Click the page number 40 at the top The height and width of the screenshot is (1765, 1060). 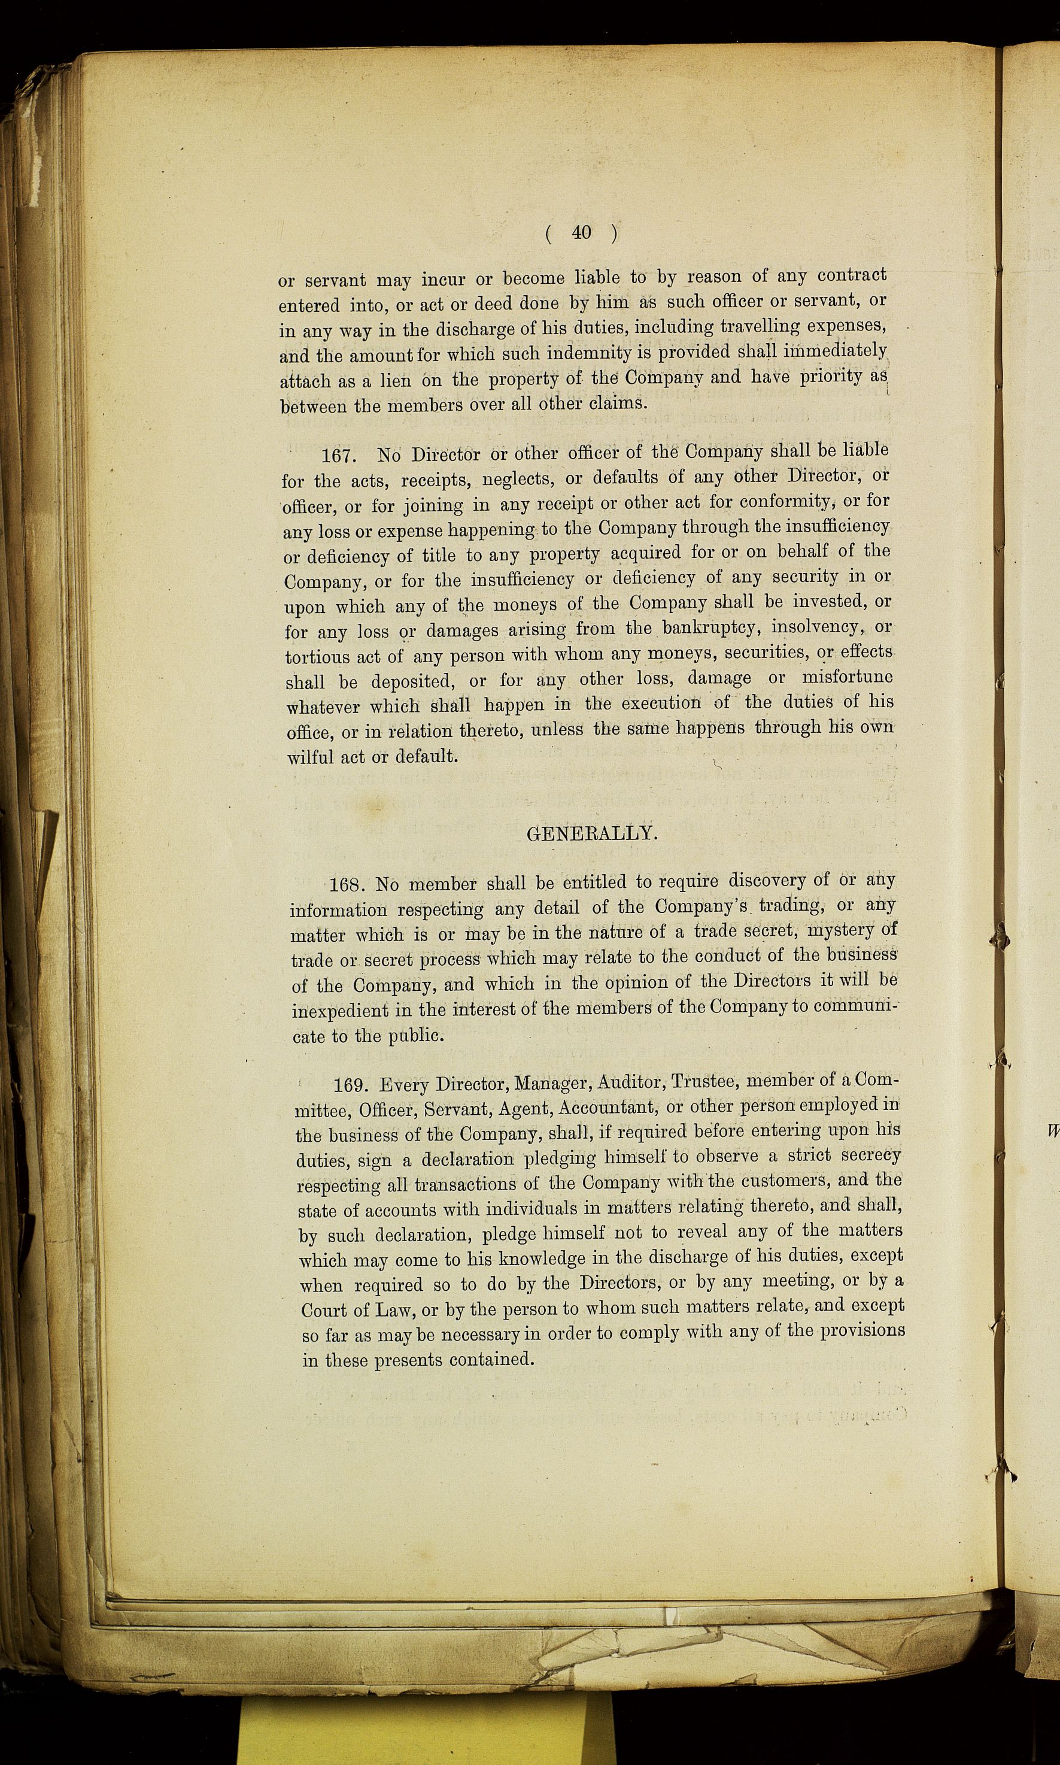click(581, 232)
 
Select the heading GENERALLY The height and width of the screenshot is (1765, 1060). click(592, 833)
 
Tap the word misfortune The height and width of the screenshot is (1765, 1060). click(847, 677)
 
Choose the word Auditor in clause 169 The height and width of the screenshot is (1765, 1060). click(629, 1084)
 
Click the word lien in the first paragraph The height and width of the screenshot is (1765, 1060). click(395, 381)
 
